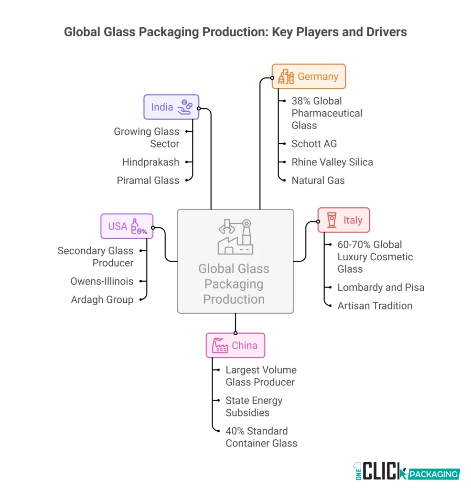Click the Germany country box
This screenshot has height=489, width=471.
(x=309, y=76)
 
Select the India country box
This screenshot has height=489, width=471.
(x=171, y=107)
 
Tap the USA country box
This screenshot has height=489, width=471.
(x=127, y=226)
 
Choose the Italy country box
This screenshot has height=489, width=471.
(x=343, y=220)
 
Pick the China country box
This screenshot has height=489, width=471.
(x=235, y=345)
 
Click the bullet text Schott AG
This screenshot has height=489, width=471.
(x=314, y=144)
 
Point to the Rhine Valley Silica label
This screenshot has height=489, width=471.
(x=332, y=162)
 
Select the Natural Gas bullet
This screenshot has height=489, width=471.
(x=318, y=180)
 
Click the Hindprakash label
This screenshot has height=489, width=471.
(x=150, y=162)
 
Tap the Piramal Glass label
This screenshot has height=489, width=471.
(x=148, y=180)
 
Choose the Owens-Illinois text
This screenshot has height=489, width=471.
(x=102, y=281)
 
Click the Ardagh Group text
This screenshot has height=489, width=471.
(x=102, y=299)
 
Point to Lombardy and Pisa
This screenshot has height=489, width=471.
(x=381, y=287)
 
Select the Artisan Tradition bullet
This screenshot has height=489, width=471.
(x=375, y=306)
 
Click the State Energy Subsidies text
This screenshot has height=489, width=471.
(x=254, y=406)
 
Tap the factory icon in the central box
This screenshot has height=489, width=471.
(x=235, y=237)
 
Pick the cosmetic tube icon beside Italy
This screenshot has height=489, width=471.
(x=331, y=220)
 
